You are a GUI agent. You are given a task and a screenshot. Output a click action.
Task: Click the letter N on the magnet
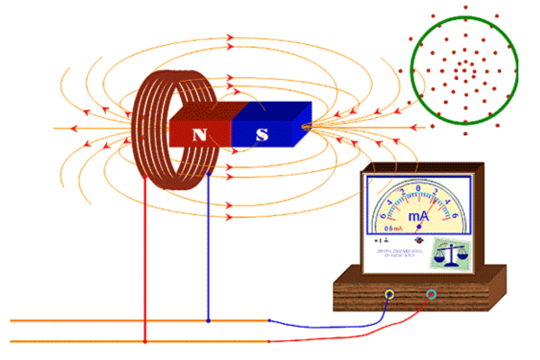[x=201, y=136]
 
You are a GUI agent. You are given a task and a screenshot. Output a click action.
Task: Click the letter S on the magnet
[x=263, y=136]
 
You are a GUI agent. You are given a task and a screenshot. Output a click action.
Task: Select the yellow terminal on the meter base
[x=389, y=294]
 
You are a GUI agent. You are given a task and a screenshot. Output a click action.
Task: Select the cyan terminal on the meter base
[x=432, y=294]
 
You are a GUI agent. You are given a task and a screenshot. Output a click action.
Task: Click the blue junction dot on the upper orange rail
[x=208, y=320]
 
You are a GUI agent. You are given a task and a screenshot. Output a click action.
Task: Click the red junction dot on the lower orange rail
[x=146, y=342]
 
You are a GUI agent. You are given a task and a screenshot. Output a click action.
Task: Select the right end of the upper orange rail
[x=267, y=320]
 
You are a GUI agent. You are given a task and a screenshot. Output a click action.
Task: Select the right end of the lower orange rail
[x=267, y=342]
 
